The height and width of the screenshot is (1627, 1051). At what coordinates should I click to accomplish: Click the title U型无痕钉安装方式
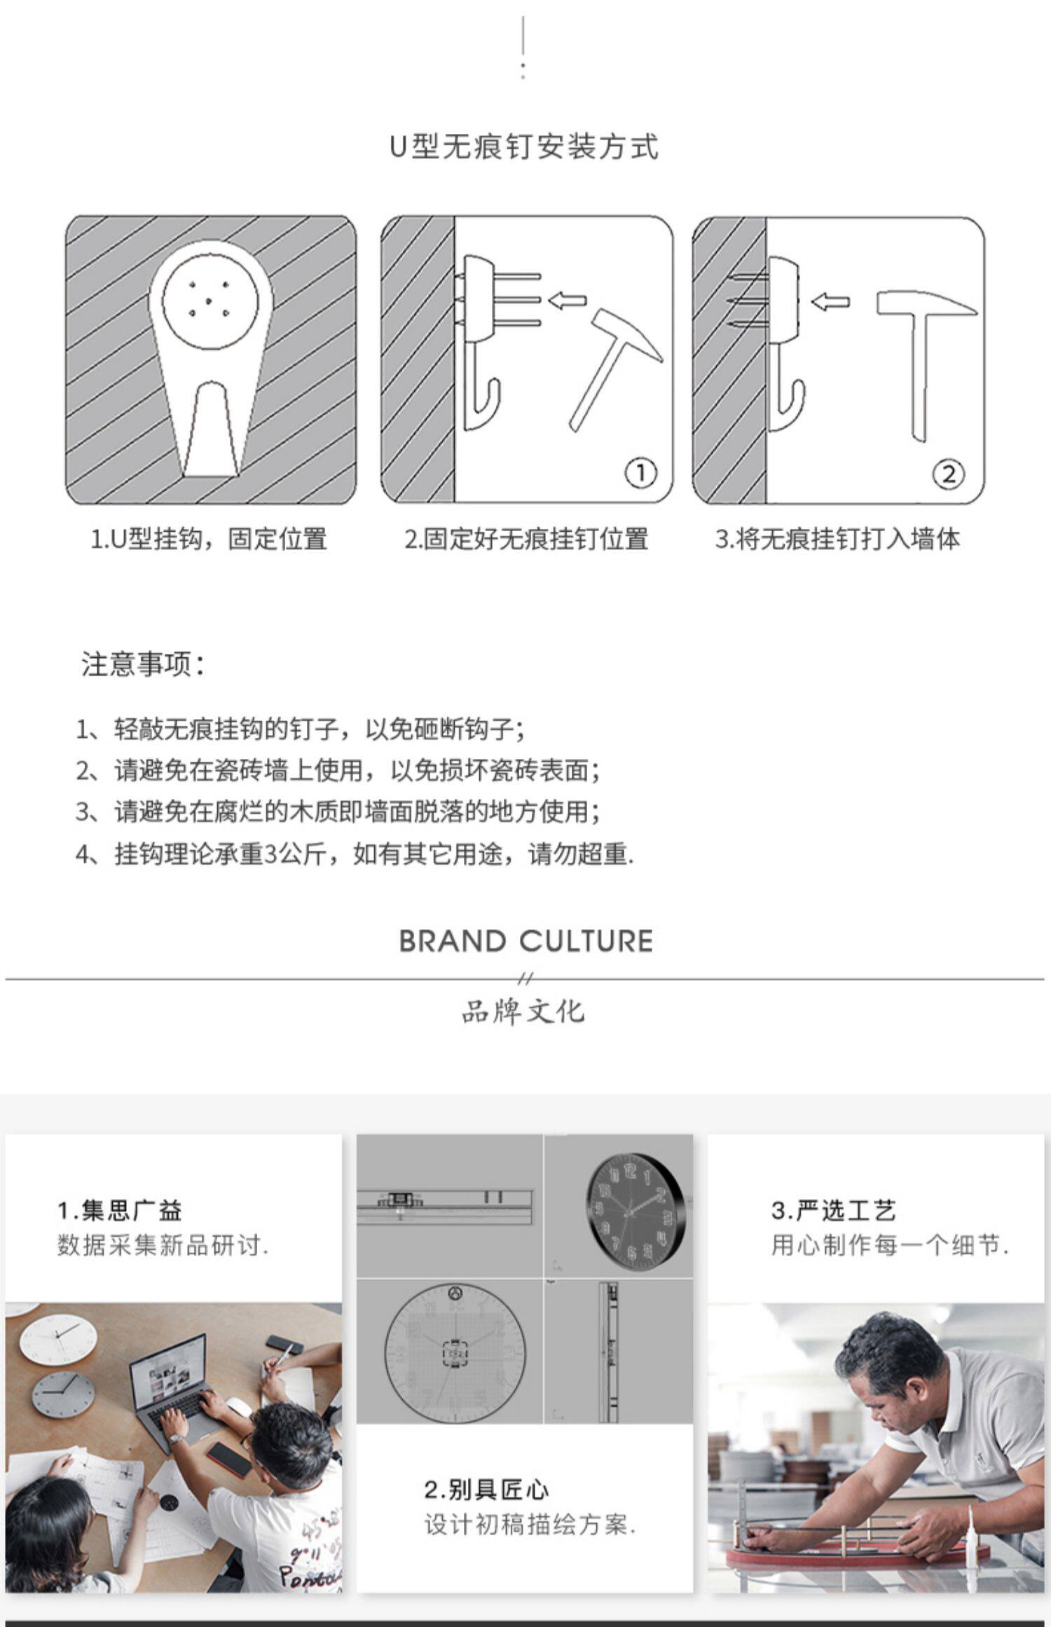pos(524,146)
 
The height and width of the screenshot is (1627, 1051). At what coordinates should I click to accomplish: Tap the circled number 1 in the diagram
pos(640,474)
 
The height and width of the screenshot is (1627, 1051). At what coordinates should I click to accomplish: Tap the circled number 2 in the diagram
pos(948,474)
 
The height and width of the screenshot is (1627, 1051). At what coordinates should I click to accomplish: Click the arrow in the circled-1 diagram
pos(567,300)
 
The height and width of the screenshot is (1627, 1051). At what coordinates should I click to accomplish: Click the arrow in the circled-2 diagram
pos(830,302)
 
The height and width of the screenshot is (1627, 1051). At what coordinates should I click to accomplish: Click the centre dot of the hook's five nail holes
pos(209,299)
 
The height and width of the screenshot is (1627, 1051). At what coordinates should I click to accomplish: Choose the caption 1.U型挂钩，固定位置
pos(209,539)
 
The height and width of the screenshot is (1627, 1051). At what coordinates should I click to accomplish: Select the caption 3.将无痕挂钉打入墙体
pos(837,539)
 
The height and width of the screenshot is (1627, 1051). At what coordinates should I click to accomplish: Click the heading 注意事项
pos(143,664)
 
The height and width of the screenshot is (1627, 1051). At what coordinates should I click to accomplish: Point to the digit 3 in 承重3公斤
pos(271,854)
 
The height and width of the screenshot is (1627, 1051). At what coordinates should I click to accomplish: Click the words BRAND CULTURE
pos(526,941)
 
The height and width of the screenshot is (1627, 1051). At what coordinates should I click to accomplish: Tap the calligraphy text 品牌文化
pos(523,1011)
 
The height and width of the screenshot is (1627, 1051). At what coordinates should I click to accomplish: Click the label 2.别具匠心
pos(487,1509)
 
